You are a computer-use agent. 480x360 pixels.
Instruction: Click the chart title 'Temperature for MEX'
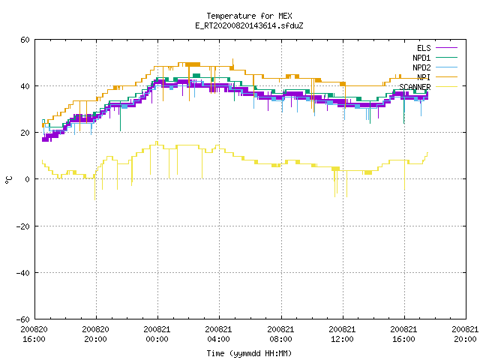pos(249,16)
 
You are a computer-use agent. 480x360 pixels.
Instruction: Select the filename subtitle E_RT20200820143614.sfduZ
pos(249,25)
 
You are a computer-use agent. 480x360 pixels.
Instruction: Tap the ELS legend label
pos(424,48)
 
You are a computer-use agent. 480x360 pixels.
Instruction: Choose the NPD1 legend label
pos(421,58)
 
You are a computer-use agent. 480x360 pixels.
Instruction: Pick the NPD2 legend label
pos(421,67)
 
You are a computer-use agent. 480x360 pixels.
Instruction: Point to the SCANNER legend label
pos(415,87)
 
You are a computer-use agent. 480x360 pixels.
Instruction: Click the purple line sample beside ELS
pos(446,48)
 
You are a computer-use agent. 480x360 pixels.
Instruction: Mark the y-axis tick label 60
pos(25,40)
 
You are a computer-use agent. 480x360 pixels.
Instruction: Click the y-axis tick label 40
pos(25,86)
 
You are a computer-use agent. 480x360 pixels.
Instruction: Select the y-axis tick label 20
pos(25,133)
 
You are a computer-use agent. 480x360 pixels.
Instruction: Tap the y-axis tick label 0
pos(28,179)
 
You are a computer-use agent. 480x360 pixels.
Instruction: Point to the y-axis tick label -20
pos(23,226)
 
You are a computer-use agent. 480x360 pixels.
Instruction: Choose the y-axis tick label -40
pos(23,273)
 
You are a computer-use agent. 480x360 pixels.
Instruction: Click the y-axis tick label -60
pos(23,319)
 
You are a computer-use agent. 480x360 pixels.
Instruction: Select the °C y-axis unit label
pos(8,180)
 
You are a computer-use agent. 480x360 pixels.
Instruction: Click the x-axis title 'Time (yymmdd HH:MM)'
pos(249,353)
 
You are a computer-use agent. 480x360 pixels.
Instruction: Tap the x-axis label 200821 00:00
pos(157,334)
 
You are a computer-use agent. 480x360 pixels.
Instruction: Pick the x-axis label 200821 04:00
pos(218,334)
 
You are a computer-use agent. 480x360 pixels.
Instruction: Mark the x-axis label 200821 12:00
pos(342,334)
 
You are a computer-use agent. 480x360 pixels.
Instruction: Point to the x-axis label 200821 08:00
pos(280,334)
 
